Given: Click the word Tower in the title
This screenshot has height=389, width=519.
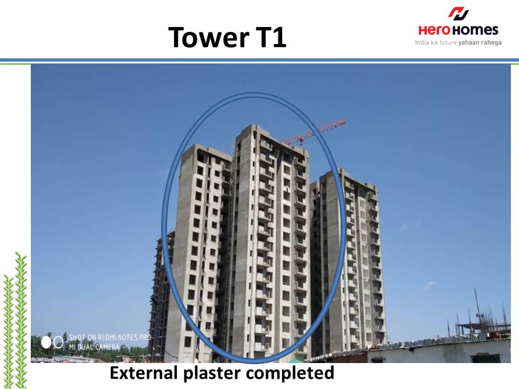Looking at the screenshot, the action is click(209, 37).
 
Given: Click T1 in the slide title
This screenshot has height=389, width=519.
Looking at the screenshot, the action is click(271, 37).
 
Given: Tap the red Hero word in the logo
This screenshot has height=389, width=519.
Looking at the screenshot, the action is click(434, 30).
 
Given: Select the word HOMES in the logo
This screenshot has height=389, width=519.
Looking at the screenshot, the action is click(475, 30).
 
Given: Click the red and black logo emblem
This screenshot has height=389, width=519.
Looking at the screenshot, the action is click(459, 13).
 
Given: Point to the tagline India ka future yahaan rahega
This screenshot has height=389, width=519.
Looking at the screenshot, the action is click(458, 42).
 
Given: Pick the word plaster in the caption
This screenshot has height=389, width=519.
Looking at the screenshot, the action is click(212, 374).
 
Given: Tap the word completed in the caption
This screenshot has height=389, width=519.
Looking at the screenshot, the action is click(290, 374).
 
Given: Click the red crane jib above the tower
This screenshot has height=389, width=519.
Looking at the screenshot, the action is click(314, 133).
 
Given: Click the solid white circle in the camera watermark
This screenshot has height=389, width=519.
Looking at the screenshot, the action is click(46, 343).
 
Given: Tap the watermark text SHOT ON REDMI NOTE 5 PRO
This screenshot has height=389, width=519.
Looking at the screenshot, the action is click(110, 337).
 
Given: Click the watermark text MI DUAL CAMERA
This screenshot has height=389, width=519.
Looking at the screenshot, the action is click(94, 347).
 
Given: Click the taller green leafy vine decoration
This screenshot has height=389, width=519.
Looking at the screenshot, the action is click(21, 320).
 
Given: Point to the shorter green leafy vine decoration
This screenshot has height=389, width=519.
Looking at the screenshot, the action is click(8, 331).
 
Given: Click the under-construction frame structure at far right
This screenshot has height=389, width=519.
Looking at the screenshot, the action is click(482, 318).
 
